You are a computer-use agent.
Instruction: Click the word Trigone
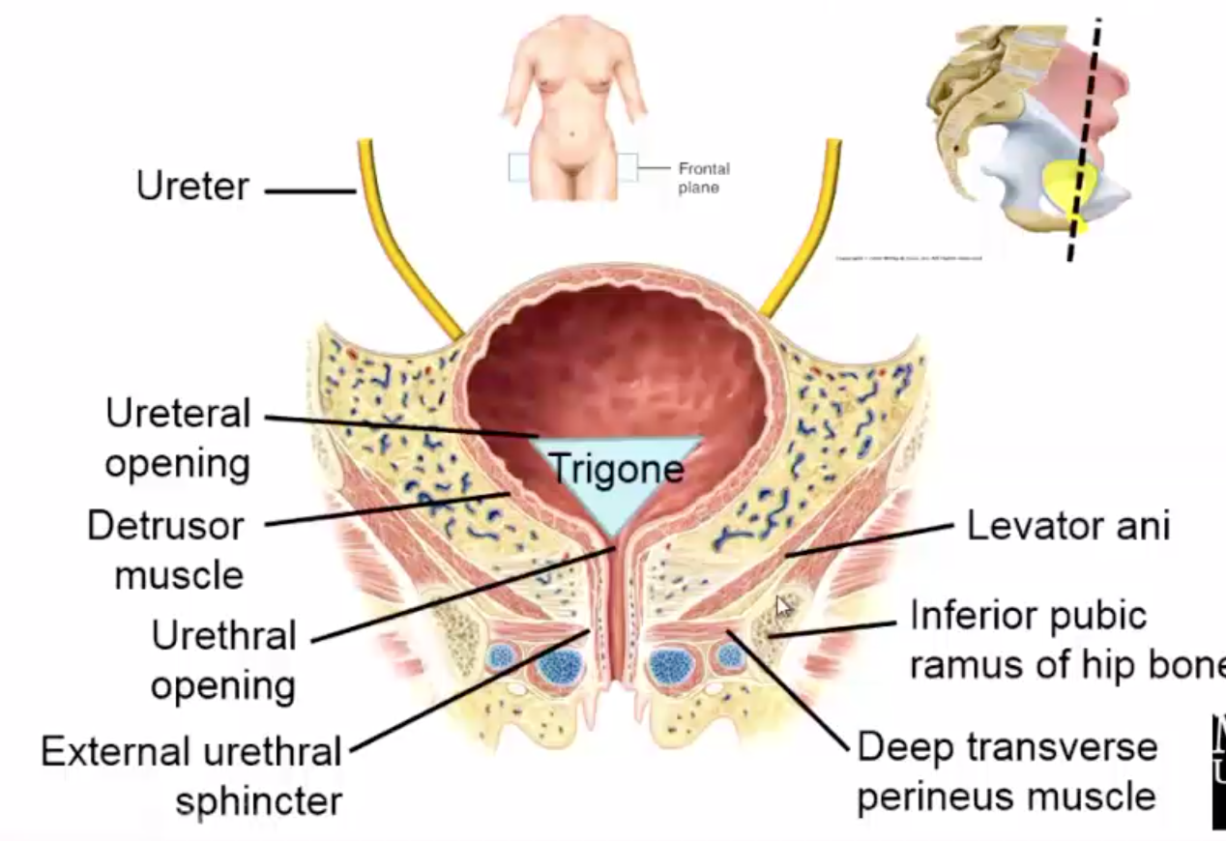point(616,470)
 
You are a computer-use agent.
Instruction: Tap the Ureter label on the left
point(192,186)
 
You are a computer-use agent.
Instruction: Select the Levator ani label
point(1067,526)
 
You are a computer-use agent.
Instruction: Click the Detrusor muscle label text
point(165,551)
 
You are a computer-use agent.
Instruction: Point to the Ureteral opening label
point(178,439)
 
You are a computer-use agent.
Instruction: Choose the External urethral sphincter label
point(191,775)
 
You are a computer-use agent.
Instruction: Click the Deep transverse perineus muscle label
point(1007,771)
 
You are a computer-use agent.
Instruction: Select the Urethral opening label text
point(223,660)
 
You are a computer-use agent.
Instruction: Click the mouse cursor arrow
point(783,606)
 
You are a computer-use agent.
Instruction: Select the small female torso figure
point(573,106)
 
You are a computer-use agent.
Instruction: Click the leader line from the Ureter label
point(309,191)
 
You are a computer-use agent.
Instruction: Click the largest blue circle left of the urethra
point(562,666)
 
